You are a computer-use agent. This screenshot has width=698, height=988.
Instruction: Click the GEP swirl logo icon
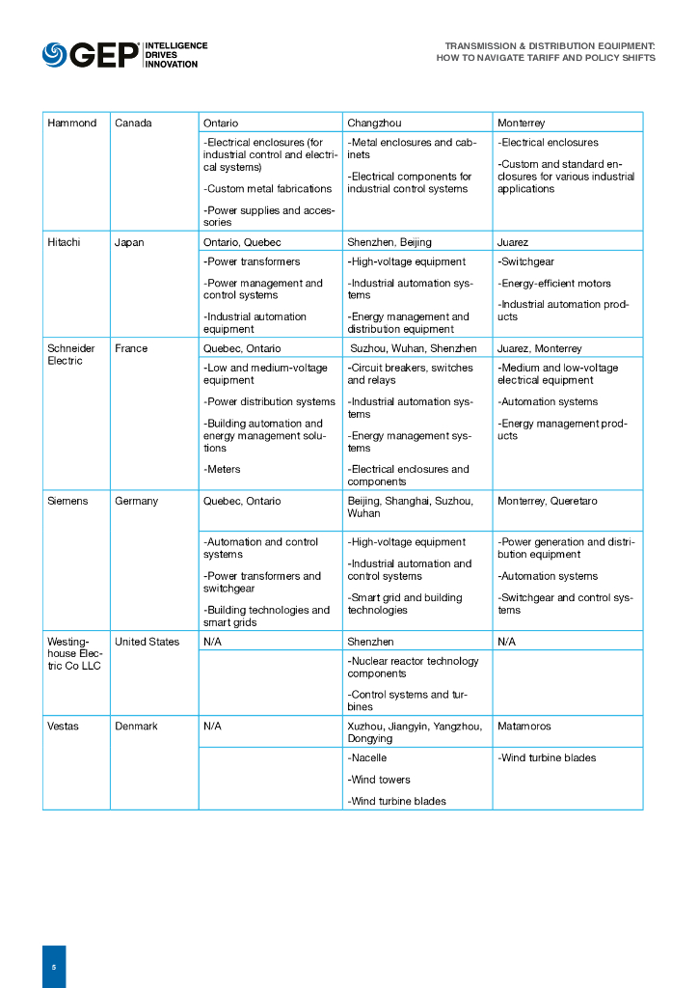click(54, 55)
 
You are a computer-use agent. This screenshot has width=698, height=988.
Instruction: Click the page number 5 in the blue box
click(54, 966)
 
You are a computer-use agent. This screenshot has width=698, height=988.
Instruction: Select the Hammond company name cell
click(72, 123)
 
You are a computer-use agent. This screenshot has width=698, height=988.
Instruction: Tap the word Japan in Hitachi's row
click(129, 242)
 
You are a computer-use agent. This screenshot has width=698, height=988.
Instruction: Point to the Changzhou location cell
click(374, 123)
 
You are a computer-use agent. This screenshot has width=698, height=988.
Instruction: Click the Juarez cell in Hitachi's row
click(513, 242)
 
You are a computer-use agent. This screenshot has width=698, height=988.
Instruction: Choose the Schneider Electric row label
click(71, 354)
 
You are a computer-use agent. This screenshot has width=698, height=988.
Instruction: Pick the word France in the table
click(131, 348)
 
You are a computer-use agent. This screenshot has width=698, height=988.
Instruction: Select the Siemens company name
click(67, 501)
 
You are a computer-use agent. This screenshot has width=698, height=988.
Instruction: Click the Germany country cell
click(136, 501)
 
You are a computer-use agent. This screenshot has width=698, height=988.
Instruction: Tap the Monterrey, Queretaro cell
click(547, 501)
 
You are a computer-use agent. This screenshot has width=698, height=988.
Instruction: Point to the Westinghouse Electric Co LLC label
click(74, 654)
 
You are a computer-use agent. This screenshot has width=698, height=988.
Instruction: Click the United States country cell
click(147, 642)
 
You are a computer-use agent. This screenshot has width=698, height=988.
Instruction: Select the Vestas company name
click(64, 726)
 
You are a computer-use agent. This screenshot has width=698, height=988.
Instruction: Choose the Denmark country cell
click(136, 726)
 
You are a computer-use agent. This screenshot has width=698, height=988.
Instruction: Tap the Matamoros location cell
click(524, 726)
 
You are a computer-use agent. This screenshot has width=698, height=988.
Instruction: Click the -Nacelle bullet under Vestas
click(367, 758)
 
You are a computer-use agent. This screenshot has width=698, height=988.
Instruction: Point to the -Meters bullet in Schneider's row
click(222, 469)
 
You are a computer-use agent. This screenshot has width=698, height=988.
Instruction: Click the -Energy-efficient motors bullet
click(554, 284)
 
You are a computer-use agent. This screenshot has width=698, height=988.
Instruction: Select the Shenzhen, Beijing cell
click(389, 242)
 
